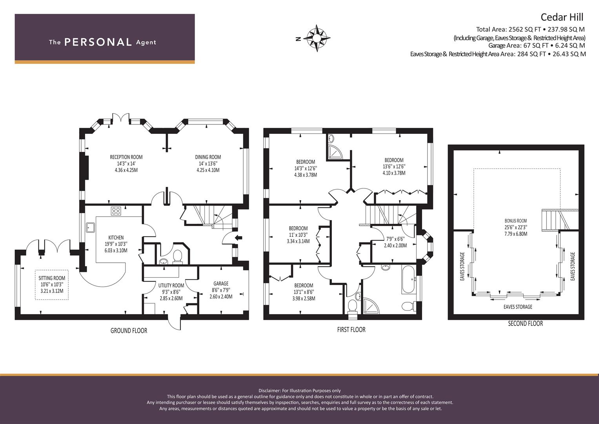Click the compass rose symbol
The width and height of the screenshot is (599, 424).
click(x=317, y=38)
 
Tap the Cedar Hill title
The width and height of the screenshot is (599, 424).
click(x=562, y=17)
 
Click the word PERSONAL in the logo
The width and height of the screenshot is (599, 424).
click(x=98, y=42)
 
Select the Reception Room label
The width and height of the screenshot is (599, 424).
click(x=126, y=157)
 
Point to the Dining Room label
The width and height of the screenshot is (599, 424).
click(x=208, y=157)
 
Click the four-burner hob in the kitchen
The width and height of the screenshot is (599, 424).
click(x=116, y=211)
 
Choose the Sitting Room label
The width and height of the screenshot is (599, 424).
click(x=52, y=278)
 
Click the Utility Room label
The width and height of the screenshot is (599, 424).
click(x=171, y=285)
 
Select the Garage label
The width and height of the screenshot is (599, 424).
click(x=221, y=283)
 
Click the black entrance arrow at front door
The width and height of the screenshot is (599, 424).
click(x=238, y=238)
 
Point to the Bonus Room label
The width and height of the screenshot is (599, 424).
click(x=516, y=221)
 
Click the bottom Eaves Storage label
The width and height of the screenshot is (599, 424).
click(x=518, y=307)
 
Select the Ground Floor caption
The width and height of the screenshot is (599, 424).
click(x=129, y=331)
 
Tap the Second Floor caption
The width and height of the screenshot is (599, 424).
click(x=526, y=323)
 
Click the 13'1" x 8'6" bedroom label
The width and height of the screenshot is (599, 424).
click(x=304, y=292)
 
